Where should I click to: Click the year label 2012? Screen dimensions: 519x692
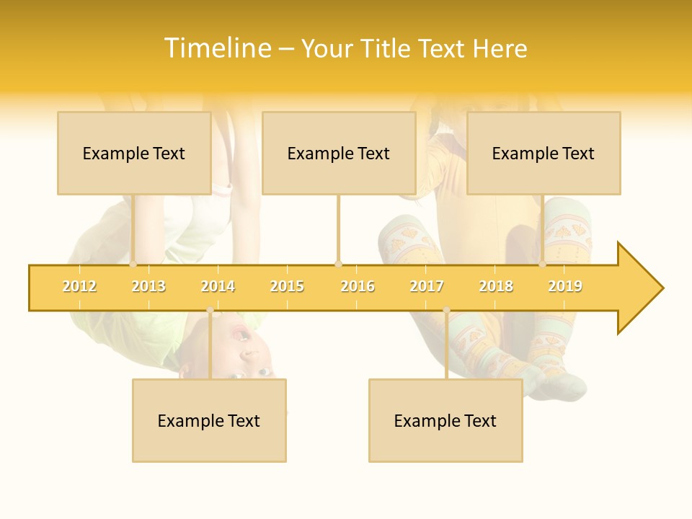[x=79, y=286]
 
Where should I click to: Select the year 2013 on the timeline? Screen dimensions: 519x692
[x=148, y=286]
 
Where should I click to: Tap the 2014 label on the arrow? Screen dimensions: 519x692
[x=218, y=286]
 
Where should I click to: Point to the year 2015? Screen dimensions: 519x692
[x=287, y=286]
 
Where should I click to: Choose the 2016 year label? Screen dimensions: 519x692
[x=358, y=286]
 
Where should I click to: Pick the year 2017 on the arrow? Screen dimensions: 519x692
[x=427, y=286]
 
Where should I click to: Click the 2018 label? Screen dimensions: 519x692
[x=496, y=286]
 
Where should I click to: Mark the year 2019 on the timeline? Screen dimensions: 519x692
[x=565, y=286]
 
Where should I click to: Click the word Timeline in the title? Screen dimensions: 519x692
[x=216, y=48]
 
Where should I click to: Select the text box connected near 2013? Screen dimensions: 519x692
[x=134, y=153]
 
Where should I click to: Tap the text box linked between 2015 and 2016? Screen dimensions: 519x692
[x=339, y=153]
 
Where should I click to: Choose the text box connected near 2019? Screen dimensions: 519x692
[x=544, y=153]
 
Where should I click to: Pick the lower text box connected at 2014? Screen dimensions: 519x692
[x=209, y=420]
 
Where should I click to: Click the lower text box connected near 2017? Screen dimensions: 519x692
[x=445, y=420]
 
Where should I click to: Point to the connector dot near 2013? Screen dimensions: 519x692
[x=133, y=265]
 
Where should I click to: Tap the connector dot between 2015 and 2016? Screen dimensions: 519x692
[x=338, y=265]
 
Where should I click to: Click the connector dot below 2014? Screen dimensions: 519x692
[x=210, y=310]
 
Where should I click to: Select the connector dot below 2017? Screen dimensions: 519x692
[x=446, y=310]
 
